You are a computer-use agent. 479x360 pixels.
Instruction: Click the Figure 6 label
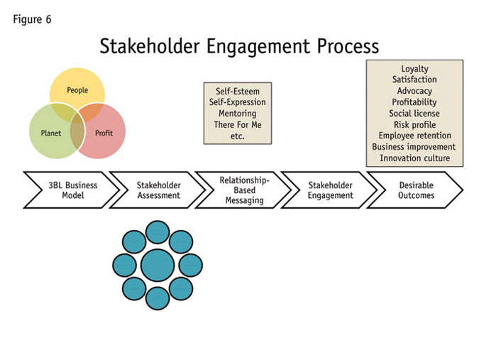pos(32,19)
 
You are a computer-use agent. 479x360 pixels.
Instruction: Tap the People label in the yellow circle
pos(77,90)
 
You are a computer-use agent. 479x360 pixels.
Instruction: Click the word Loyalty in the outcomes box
pos(414,69)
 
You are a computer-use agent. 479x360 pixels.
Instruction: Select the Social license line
pos(414,114)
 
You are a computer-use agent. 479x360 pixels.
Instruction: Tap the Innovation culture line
pos(414,158)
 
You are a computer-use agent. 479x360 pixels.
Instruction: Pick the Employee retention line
pos(414,136)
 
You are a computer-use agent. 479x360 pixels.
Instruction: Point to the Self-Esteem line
pos(238,92)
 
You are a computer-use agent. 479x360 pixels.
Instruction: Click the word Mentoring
pos(238,114)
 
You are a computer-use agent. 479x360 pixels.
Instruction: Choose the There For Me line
pos(238,125)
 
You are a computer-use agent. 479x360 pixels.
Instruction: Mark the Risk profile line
pos(414,124)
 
